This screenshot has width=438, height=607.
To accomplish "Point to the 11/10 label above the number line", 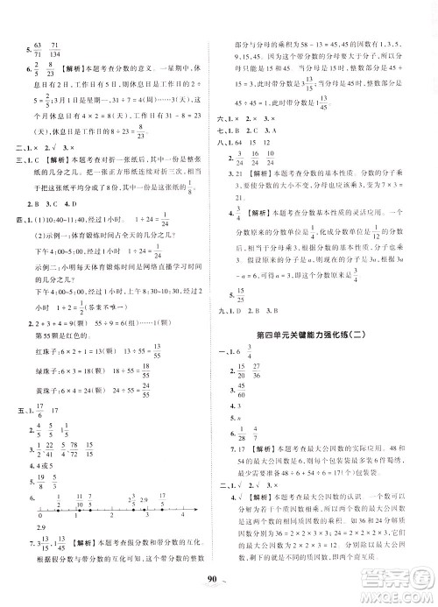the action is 88,498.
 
